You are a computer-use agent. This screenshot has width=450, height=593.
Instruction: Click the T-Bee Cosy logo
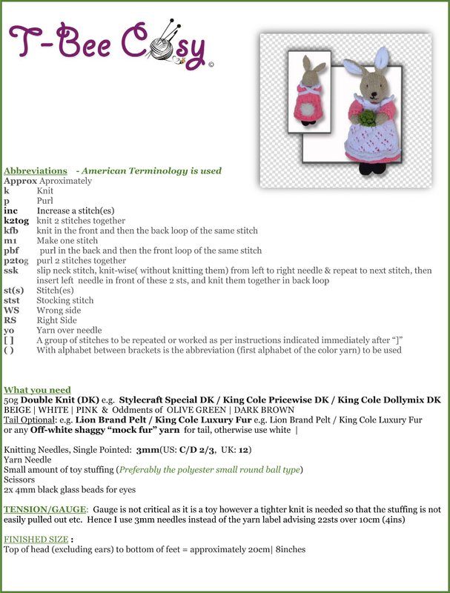(110, 44)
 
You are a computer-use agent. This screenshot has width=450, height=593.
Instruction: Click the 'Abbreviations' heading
(35, 170)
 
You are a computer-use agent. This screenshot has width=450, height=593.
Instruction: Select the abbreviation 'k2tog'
(16, 221)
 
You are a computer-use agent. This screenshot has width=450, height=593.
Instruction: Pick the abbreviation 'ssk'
(11, 271)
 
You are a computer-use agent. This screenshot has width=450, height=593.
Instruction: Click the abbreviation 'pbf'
(12, 251)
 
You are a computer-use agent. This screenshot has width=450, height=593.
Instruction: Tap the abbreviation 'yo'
(9, 331)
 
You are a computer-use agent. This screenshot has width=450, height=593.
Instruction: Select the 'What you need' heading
(37, 390)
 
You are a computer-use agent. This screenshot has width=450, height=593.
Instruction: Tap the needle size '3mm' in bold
(148, 449)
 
